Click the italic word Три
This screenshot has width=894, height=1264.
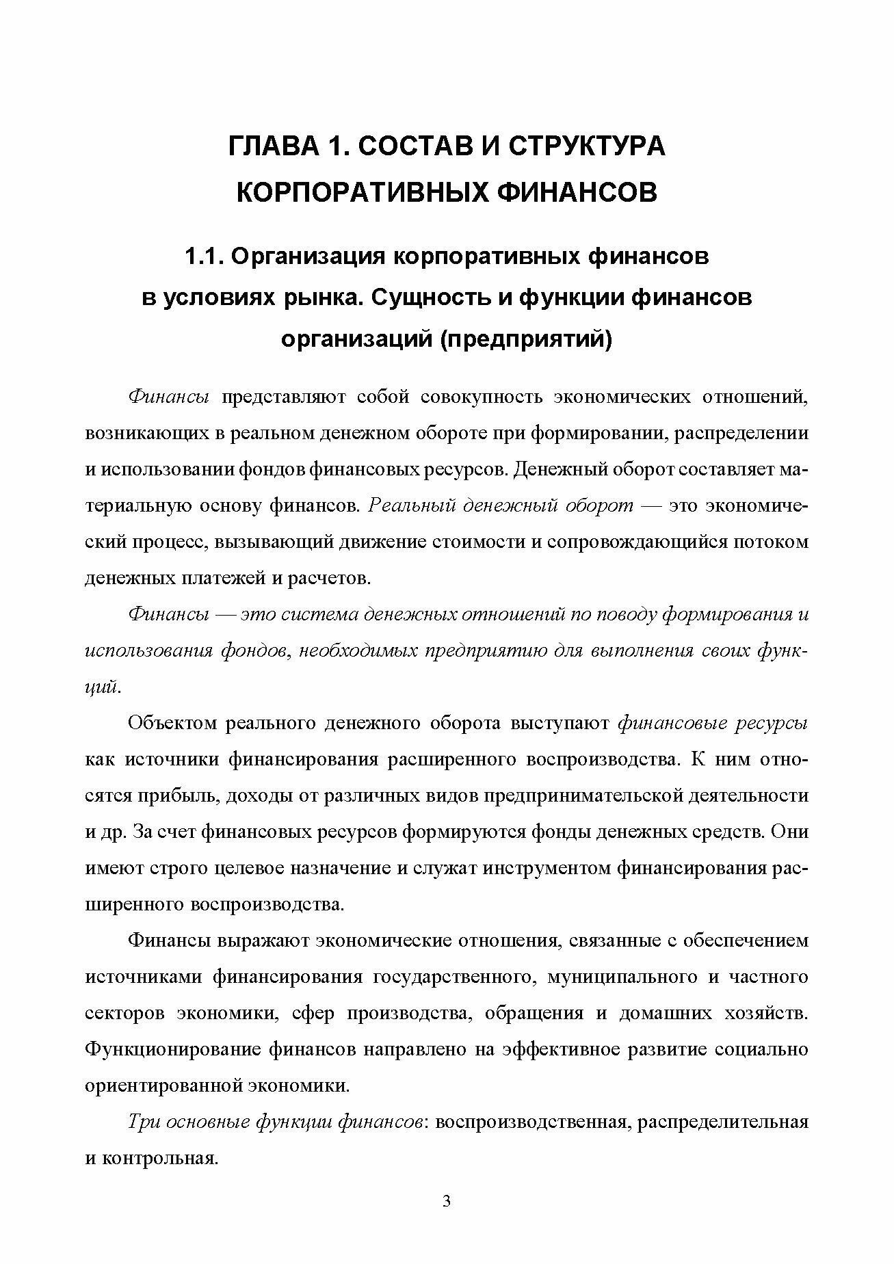tap(143, 1122)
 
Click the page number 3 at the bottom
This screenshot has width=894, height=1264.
tap(447, 1220)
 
